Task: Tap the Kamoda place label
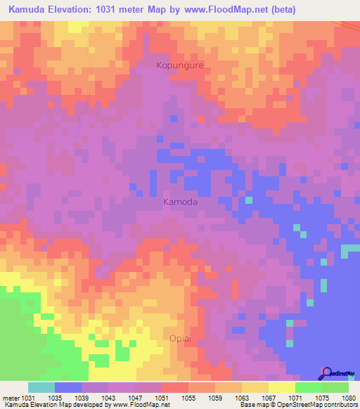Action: [180, 202]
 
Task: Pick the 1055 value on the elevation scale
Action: [188, 397]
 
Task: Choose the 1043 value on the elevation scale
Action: [108, 397]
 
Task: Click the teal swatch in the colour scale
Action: [41, 387]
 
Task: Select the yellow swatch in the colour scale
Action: [282, 387]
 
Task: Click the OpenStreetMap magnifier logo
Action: [326, 372]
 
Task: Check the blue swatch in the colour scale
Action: [68, 387]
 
